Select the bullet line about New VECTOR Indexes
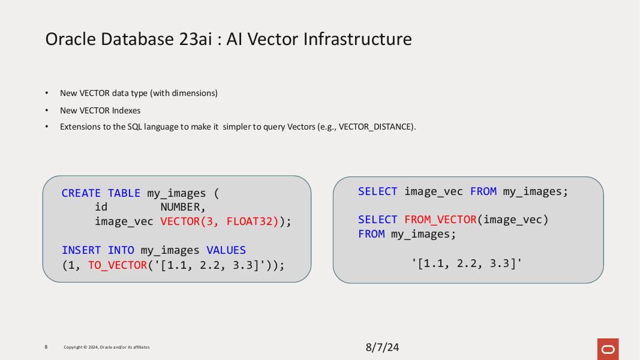tap(100, 110)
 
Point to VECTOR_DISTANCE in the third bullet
tap(375, 127)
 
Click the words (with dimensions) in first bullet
tap(184, 93)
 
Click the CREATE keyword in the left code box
tap(81, 193)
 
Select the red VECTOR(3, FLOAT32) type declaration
tap(220, 221)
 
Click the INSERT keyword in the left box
tap(81, 250)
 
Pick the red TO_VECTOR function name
tap(118, 265)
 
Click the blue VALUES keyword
tap(226, 250)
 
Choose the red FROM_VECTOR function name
tap(440, 220)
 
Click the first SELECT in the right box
tap(377, 191)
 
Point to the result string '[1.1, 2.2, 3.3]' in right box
tap(467, 263)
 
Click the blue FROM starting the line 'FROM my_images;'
tap(371, 234)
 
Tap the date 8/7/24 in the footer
tap(382, 347)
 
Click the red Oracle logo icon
tap(608, 349)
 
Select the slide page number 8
tap(46, 347)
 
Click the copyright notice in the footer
tap(107, 347)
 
